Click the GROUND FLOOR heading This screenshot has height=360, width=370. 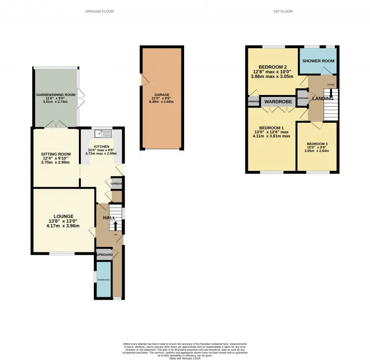pyautogui.click(x=99, y=11)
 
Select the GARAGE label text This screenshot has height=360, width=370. pyautogui.click(x=162, y=95)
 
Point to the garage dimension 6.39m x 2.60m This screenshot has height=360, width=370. pyautogui.click(x=162, y=102)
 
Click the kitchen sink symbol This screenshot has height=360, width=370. pyautogui.click(x=104, y=133)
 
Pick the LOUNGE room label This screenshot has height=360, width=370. pyautogui.click(x=63, y=216)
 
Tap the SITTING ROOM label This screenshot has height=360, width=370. pyautogui.click(x=55, y=154)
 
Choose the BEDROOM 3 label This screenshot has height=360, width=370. pyautogui.click(x=317, y=144)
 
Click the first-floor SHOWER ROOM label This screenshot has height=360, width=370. pyautogui.click(x=318, y=61)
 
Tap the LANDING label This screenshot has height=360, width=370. pyautogui.click(x=323, y=98)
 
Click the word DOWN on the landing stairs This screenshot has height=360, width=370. pyautogui.click(x=331, y=85)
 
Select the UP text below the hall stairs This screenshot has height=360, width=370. pyautogui.click(x=115, y=235)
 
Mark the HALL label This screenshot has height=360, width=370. pyautogui.click(x=109, y=217)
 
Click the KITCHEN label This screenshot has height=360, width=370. pyautogui.click(x=102, y=146)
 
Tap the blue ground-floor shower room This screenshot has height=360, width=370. pyautogui.click(x=103, y=280)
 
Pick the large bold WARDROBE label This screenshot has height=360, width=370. pyautogui.click(x=277, y=102)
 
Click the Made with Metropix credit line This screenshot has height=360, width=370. pyautogui.click(x=185, y=358)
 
